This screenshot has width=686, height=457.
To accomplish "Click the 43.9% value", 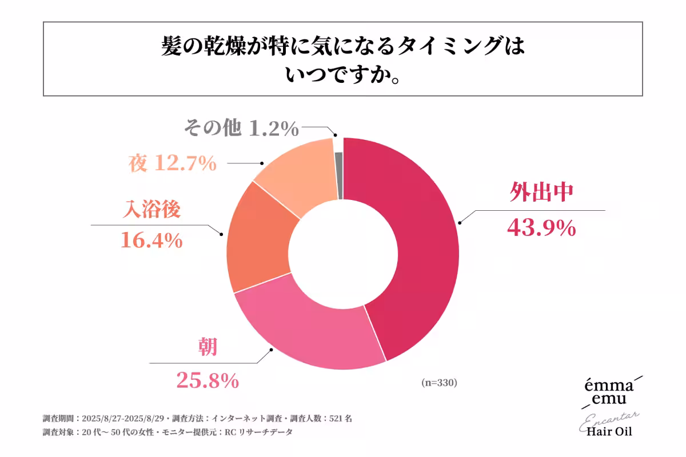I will (x=541, y=228).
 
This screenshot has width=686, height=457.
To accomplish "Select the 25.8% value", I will (x=206, y=380).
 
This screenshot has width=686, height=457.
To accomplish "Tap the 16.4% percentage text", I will (x=151, y=240).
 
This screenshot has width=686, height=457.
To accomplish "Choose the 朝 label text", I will (x=208, y=346).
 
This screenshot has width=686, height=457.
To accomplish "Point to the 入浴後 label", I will (x=152, y=209).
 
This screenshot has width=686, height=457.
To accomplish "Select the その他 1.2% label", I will (x=241, y=129).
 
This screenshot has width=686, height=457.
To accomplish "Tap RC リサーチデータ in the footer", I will (x=258, y=432).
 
